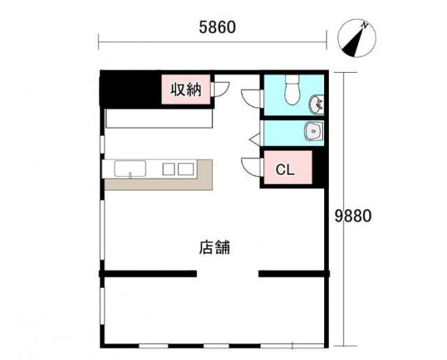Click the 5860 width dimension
pyautogui.click(x=217, y=27)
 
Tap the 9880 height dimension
pyautogui.click(x=353, y=215)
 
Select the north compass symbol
pyautogui.click(x=357, y=38)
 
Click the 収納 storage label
pyautogui.click(x=186, y=89)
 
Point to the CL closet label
pyautogui.click(x=285, y=170)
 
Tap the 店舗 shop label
pyautogui.click(x=214, y=247)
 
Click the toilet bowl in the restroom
pyautogui.click(x=292, y=89)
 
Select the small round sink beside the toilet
pyautogui.click(x=316, y=104)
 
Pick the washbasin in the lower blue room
pyautogui.click(x=314, y=131)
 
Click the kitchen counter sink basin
pyautogui.click(x=131, y=169)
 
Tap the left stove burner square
pyautogui.click(x=168, y=169)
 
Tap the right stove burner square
pyautogui.click(x=186, y=169)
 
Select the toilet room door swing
pyautogui.click(x=251, y=99)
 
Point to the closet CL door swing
pyautogui.click(x=251, y=167)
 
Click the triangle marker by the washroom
pyautogui.click(x=254, y=140)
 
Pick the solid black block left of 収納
pyautogui.click(x=130, y=89)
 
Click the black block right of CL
pyautogui.click(x=318, y=169)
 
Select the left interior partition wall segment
pyautogui.click(x=148, y=274)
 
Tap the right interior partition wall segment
pyautogui.click(x=294, y=274)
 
